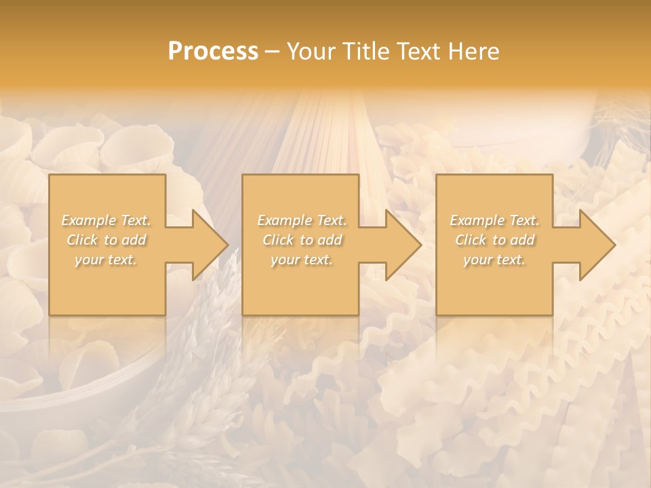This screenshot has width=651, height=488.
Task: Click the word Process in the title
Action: [213, 52]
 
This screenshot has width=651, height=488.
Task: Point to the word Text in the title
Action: [418, 52]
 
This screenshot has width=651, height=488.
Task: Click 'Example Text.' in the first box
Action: [106, 220]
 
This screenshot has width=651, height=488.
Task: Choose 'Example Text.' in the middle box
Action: [302, 220]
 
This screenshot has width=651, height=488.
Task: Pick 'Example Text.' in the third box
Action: [494, 220]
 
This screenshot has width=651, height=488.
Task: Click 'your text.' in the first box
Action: [106, 260]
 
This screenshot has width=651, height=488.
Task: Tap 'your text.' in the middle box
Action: [301, 260]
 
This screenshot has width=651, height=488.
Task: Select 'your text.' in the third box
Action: [494, 260]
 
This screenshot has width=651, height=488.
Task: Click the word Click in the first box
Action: [82, 240]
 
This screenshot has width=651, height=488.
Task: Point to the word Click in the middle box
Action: [278, 240]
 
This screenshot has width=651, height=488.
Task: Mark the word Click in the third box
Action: [471, 240]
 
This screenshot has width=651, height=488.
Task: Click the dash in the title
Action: [273, 52]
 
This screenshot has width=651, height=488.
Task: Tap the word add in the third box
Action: [523, 240]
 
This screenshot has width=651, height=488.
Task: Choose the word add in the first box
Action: [134, 240]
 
